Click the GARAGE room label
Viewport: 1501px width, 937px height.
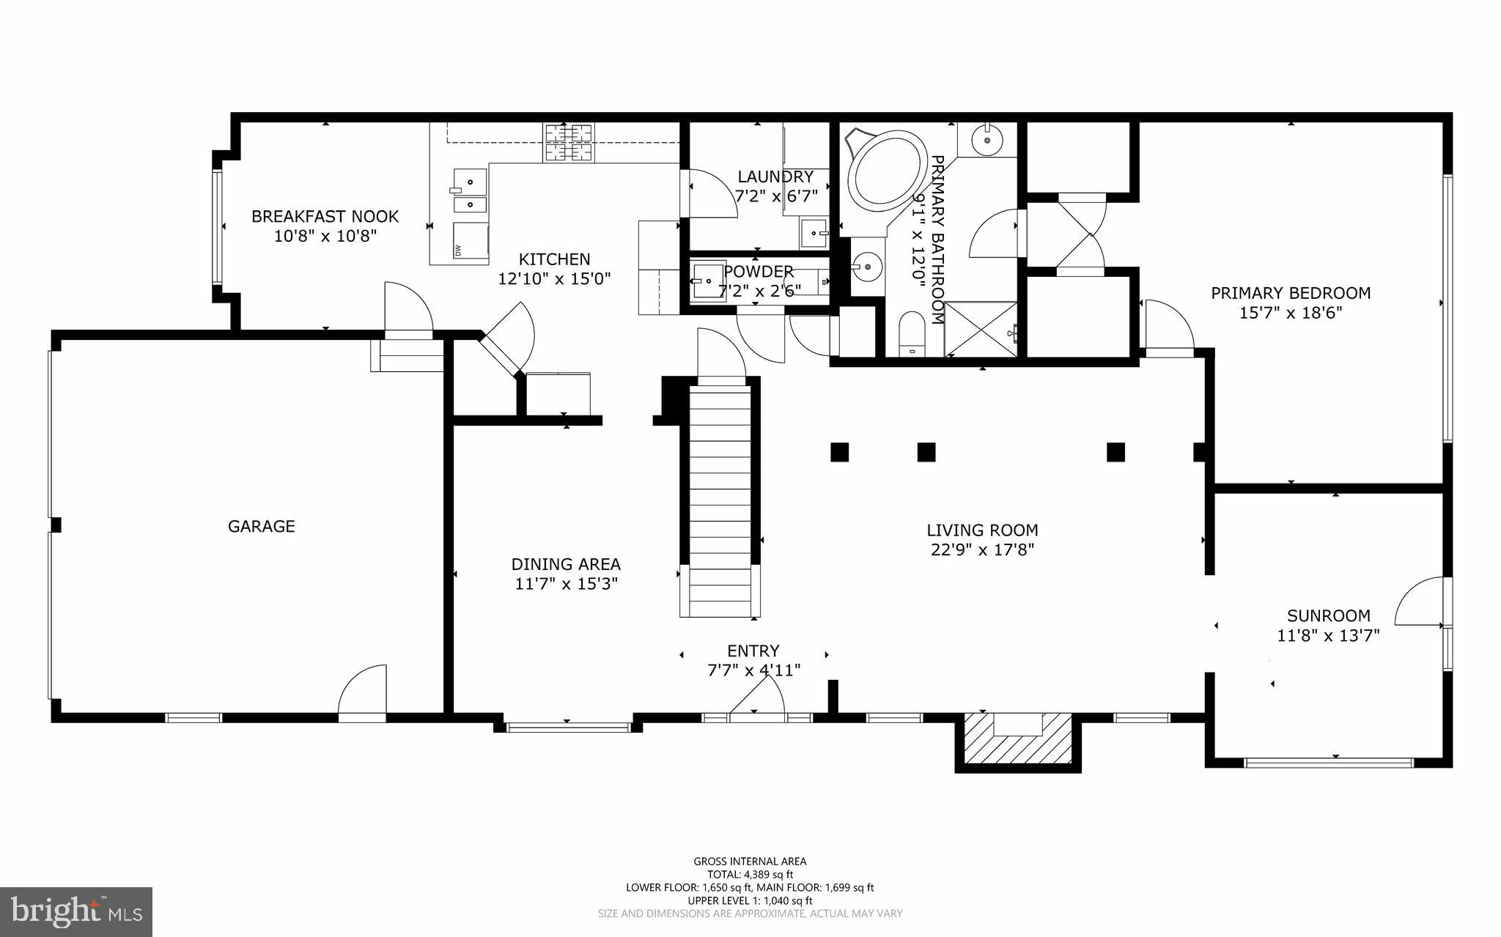click(x=262, y=526)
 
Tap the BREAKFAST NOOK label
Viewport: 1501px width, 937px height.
click(x=325, y=216)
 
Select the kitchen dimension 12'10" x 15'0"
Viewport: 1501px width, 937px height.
click(x=554, y=279)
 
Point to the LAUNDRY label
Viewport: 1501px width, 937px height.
click(x=775, y=177)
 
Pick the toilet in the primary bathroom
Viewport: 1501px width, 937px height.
click(x=912, y=333)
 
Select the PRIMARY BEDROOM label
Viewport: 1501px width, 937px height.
click(x=1291, y=293)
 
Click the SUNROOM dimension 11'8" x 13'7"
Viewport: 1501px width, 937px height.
click(x=1328, y=636)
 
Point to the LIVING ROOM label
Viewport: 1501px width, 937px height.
click(x=982, y=530)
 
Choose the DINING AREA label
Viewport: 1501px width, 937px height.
click(x=566, y=564)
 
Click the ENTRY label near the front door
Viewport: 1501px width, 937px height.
click(x=753, y=651)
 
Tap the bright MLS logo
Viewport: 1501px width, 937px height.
click(x=76, y=912)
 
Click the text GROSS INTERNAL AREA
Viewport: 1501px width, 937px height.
click(x=750, y=862)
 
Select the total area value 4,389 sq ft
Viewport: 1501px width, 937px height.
click(x=769, y=875)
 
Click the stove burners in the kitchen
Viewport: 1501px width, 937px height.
click(x=568, y=143)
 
